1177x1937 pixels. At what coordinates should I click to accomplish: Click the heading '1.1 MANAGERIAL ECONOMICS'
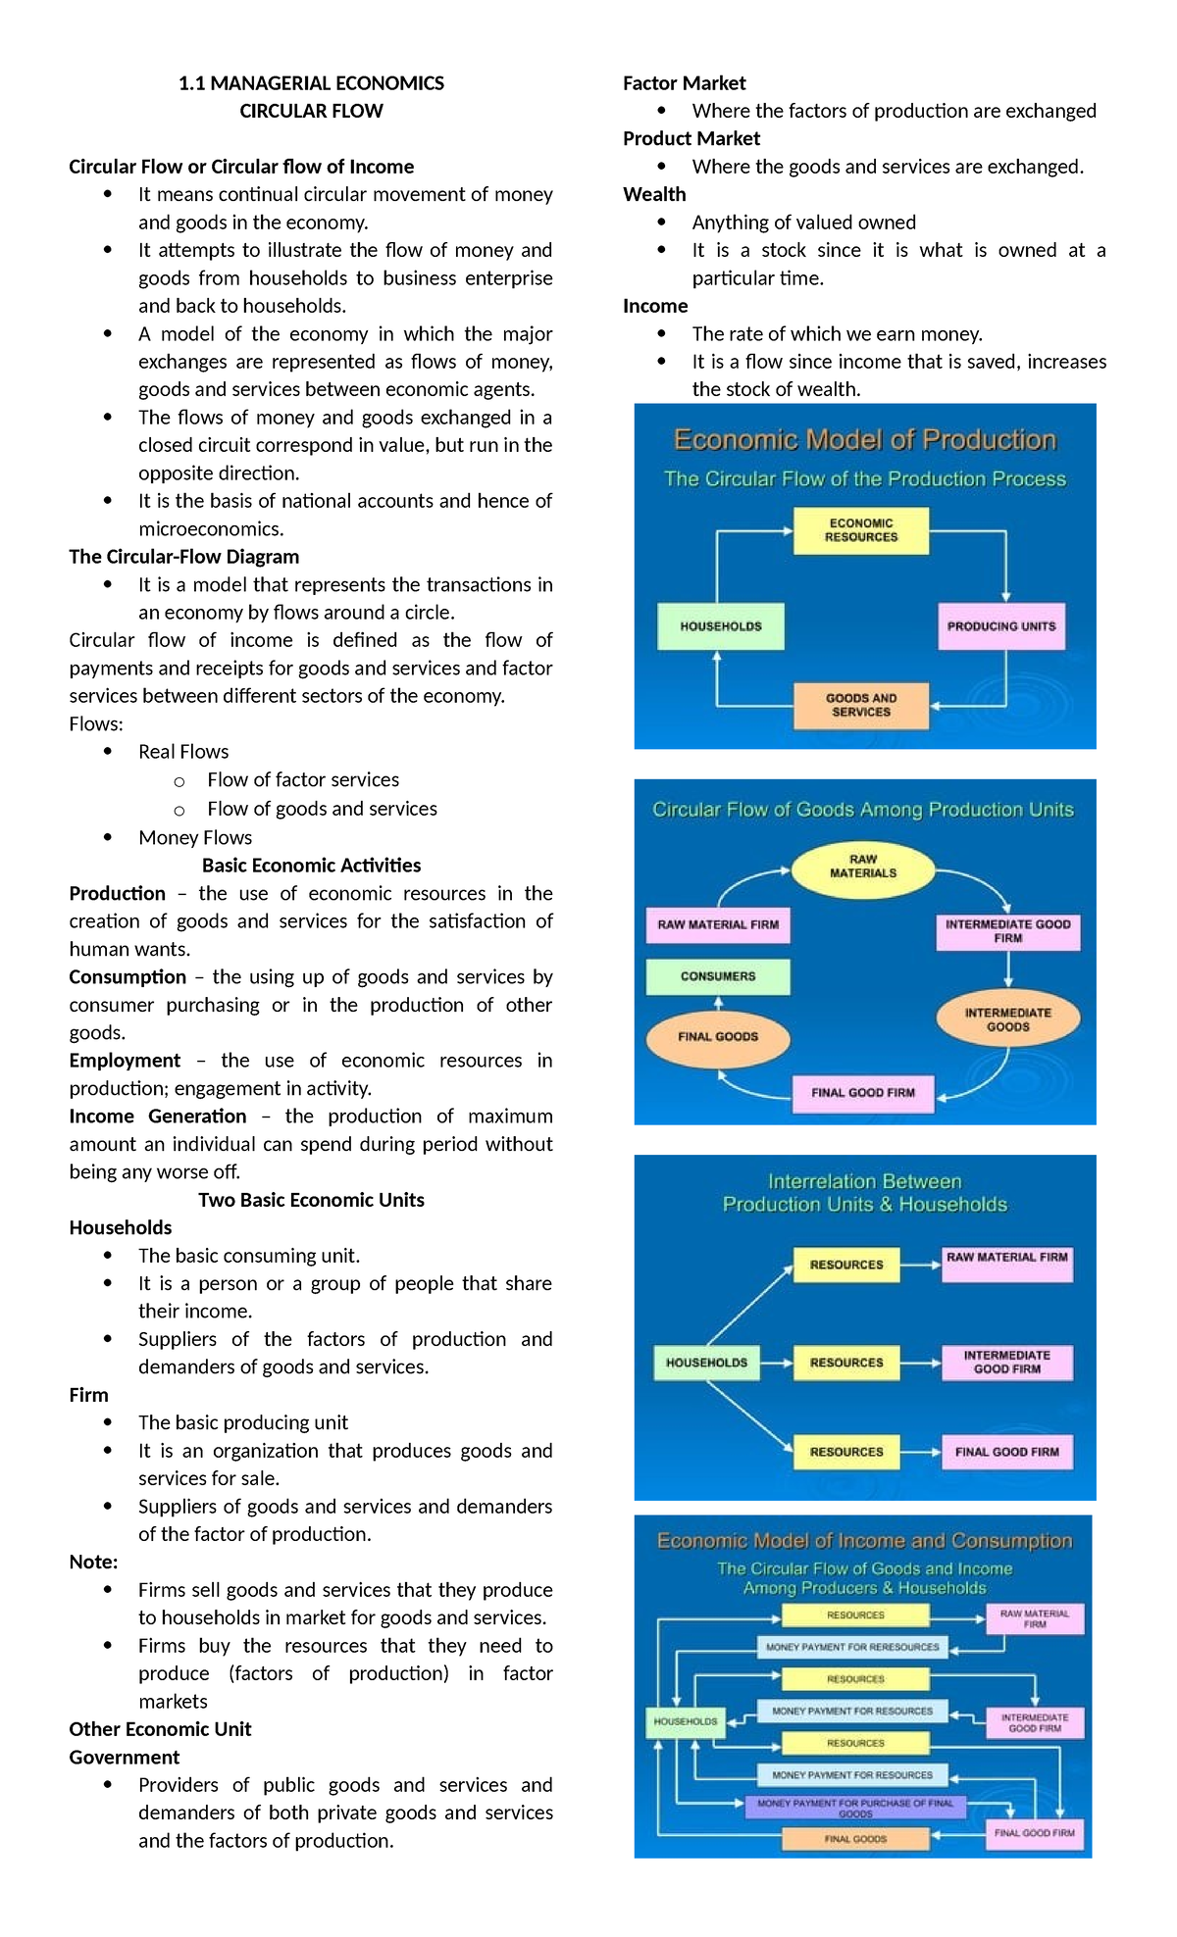tap(311, 83)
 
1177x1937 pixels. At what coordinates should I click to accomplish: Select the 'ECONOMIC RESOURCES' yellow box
tap(860, 530)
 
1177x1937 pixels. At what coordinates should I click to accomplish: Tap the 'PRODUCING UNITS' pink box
tap(1000, 626)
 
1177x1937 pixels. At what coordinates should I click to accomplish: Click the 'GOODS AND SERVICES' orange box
tap(860, 705)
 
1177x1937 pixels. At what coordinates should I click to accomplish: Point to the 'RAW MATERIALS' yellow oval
tap(862, 867)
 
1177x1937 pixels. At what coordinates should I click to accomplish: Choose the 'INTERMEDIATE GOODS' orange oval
tap(1007, 1019)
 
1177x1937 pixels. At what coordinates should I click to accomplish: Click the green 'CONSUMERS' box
tap(718, 976)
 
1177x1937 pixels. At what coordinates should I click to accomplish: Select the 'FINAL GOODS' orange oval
tap(718, 1036)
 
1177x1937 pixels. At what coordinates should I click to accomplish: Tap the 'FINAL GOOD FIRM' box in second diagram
tap(862, 1092)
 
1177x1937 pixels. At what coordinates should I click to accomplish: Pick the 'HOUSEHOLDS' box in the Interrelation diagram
tap(706, 1363)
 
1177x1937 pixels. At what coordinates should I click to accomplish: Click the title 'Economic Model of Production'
tap(864, 439)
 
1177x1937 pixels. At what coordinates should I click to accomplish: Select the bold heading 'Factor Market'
tap(684, 83)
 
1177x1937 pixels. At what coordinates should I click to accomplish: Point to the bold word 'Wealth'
tap(654, 194)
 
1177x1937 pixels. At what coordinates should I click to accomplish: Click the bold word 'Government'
tap(125, 1757)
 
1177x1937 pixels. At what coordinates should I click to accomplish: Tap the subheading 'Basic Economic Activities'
tap(311, 866)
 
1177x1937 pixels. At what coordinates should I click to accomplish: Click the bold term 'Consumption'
tap(128, 976)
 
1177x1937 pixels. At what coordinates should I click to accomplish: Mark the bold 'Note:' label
tap(93, 1562)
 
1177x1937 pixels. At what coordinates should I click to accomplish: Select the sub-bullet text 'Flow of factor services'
tap(303, 779)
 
